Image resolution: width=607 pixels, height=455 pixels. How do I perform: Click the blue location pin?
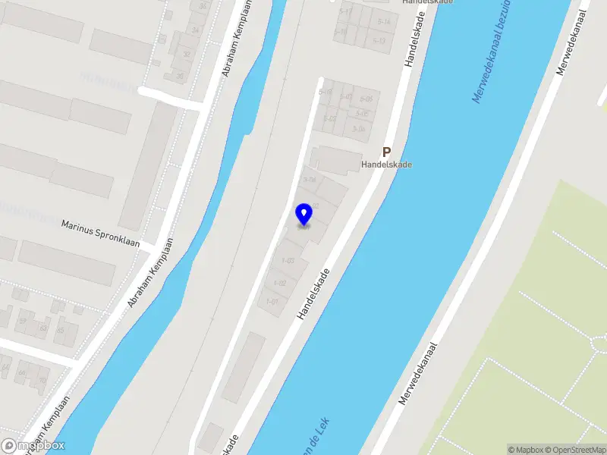tap(304, 215)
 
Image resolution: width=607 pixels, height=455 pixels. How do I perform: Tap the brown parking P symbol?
tap(386, 152)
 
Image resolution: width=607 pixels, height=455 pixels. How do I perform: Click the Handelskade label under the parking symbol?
tap(386, 165)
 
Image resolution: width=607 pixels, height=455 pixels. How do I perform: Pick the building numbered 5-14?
tap(384, 22)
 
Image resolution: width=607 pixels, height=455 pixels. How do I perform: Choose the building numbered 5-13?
tap(379, 41)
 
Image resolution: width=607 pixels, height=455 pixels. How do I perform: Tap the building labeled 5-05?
tap(366, 99)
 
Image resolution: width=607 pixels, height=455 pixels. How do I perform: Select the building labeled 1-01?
tap(272, 302)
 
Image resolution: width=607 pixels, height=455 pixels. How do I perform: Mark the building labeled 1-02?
tap(278, 283)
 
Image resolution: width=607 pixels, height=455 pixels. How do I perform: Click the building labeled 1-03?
tap(288, 261)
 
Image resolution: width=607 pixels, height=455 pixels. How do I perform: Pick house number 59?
tap(22, 322)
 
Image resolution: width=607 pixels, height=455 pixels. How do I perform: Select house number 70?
tap(42, 379)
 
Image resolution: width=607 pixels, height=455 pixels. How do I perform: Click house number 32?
tap(187, 55)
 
